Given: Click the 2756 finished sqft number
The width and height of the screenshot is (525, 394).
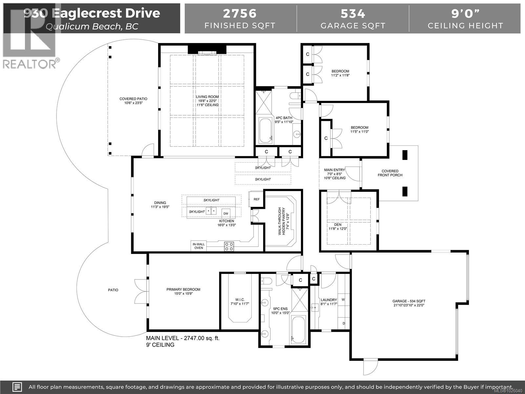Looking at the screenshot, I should pos(240,13).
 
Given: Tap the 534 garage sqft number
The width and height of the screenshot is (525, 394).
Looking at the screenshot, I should pos(353,13).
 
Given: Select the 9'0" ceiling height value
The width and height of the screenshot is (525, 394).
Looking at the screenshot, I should pos(465,13).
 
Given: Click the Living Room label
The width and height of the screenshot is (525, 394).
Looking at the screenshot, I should pos(207,97).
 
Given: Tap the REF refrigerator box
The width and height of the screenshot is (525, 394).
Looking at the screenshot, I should pos(256,199).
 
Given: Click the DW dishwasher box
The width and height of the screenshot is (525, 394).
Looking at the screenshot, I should pos(226,214).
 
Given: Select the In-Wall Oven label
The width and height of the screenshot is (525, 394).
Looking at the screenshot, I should pos(199,246).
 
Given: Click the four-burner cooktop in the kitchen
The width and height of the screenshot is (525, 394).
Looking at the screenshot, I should pos(229,246).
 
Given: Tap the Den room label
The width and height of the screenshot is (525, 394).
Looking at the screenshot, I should pos(338,225).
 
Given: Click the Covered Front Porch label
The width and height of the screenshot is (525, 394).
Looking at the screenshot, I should pos(390,173).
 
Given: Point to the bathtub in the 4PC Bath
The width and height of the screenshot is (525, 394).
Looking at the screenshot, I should pos(265,131).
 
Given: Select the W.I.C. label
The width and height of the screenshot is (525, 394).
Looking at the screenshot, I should pos(240,300).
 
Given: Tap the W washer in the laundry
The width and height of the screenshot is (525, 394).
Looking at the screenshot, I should pos(344,299).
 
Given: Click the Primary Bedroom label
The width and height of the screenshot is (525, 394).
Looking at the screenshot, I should pos(183,290).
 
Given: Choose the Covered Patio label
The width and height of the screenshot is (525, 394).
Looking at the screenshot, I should pos(133,99).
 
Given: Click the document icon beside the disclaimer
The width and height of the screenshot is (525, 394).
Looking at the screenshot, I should pos(17,387).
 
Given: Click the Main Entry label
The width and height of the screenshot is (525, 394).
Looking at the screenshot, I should pos(334,170).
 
